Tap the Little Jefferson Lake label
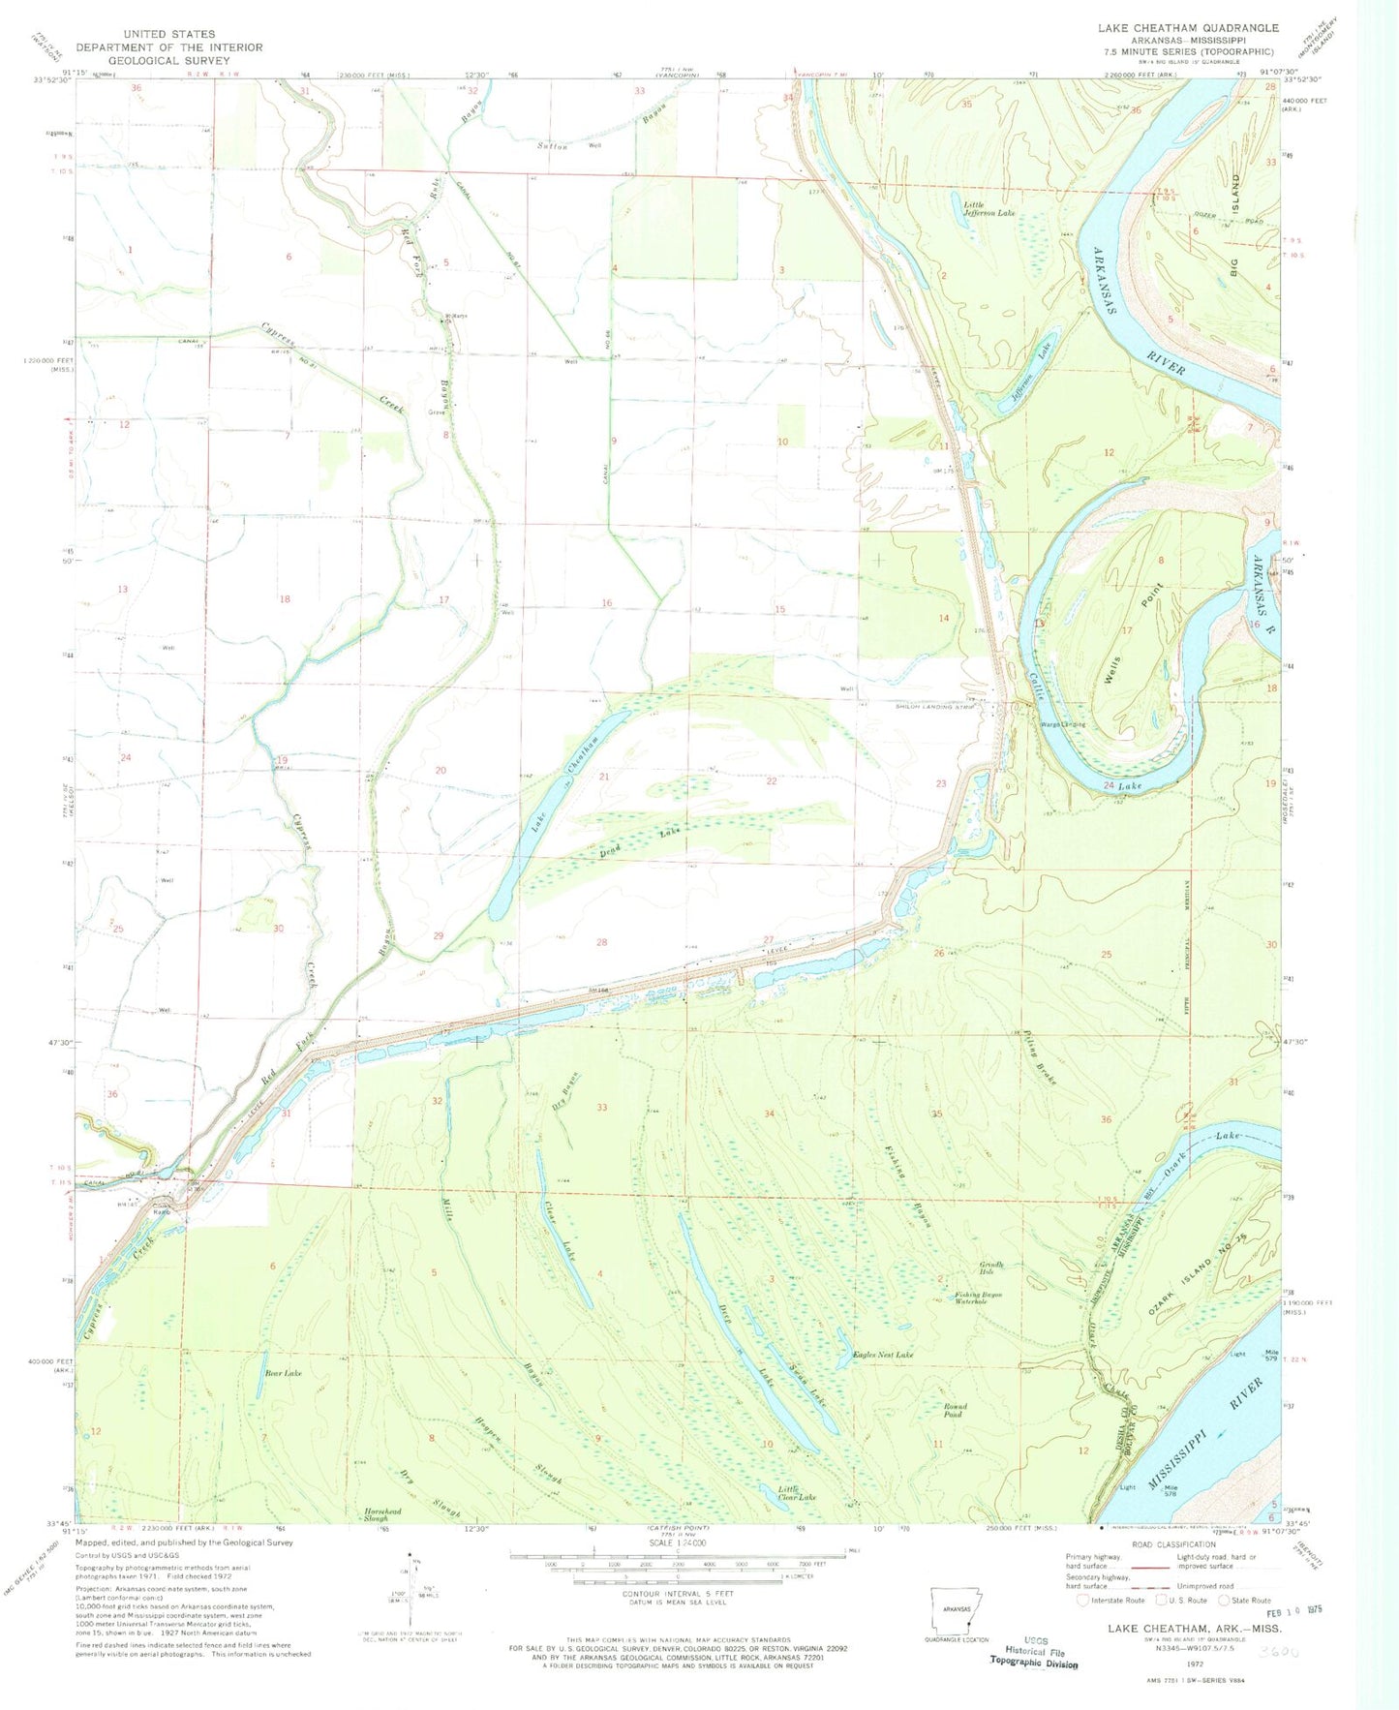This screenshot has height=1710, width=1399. [x=988, y=206]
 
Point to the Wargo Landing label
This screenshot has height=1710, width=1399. [x=1062, y=724]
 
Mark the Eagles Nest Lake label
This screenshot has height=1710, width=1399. [x=882, y=1355]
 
